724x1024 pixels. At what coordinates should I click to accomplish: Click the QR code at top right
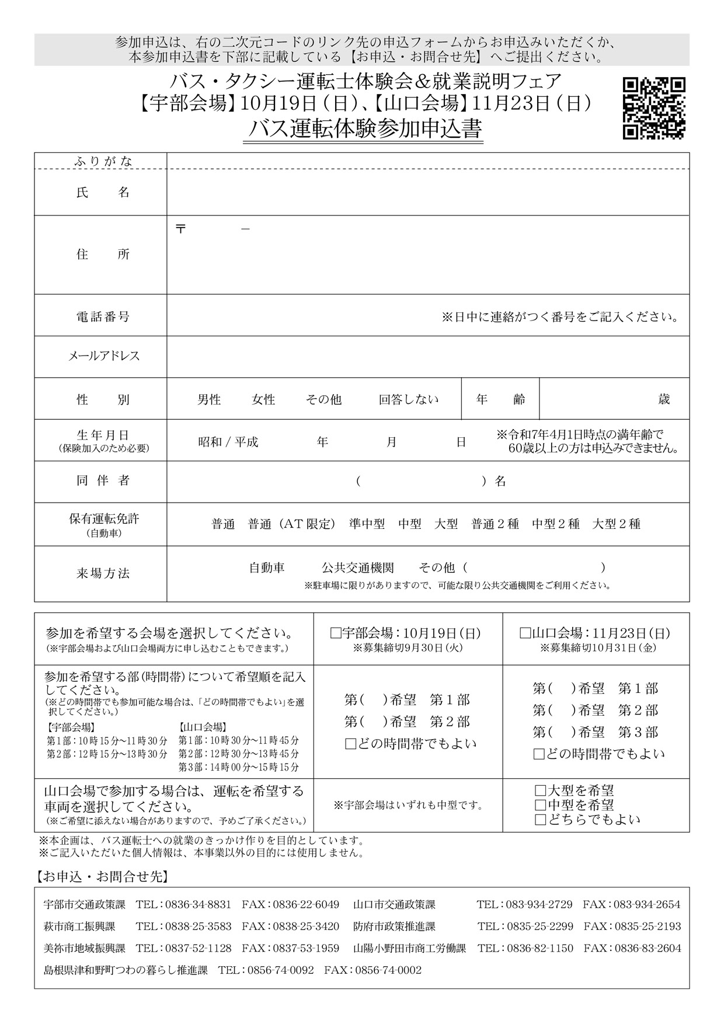654,108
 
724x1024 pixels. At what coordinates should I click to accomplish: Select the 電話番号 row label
100,317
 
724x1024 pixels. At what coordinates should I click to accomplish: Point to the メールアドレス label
100,356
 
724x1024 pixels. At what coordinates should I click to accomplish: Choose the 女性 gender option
263,400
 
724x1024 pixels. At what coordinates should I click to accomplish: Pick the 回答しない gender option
408,400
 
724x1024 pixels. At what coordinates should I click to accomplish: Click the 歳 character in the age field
664,399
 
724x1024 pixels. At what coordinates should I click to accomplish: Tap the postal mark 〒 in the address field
180,229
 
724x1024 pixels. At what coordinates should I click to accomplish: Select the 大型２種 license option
617,524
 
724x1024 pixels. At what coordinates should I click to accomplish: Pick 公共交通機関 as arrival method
357,567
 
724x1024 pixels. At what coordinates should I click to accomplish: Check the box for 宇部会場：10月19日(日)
336,633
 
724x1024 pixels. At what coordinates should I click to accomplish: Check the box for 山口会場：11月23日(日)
524,633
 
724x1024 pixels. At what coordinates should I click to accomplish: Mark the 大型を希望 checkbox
540,791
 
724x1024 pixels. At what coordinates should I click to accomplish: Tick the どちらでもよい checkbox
540,820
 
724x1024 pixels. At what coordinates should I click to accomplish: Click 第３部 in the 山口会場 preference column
638,732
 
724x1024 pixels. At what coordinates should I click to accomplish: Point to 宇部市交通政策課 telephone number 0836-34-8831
198,904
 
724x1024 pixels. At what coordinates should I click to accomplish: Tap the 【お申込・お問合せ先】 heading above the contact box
103,876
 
